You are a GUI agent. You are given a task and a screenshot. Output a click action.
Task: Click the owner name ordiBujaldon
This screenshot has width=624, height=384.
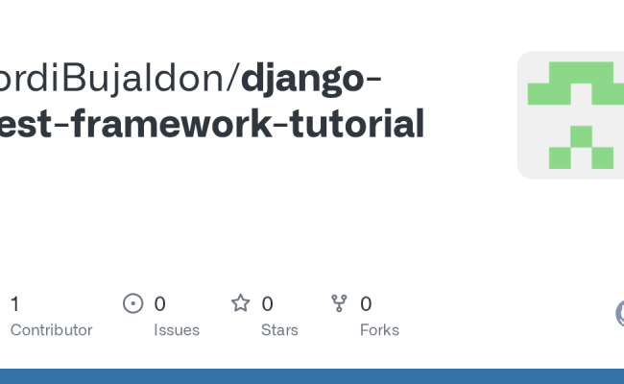point(115,79)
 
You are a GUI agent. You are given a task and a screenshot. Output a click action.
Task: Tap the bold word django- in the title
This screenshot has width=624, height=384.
point(310,79)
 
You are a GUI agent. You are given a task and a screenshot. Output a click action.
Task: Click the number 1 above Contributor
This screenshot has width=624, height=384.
point(14,304)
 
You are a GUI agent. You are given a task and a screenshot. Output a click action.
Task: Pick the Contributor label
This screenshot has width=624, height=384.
point(51,330)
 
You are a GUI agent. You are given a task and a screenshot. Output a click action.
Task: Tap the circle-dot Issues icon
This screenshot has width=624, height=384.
point(133,304)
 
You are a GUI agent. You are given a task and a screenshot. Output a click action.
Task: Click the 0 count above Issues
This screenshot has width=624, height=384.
point(160,304)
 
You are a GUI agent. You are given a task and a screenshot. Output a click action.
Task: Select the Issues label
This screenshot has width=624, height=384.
point(177,330)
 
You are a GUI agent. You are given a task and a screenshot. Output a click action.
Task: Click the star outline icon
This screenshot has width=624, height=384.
point(240,304)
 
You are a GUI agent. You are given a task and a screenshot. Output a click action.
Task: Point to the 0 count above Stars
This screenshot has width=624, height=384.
point(268,304)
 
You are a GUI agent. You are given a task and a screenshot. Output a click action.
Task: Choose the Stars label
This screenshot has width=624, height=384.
point(279,330)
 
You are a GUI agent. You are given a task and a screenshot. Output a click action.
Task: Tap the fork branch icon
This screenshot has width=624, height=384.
point(339,304)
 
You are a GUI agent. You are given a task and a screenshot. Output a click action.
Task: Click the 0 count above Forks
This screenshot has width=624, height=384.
point(366,304)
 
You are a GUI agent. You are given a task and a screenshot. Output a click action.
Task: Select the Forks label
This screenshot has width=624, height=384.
point(379,330)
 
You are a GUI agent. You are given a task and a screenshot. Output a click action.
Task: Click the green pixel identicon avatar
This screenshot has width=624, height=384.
point(570,115)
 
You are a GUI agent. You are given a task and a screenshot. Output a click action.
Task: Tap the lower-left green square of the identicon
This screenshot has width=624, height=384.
point(560,156)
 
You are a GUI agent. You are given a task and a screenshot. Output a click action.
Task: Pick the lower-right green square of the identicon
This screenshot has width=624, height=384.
point(602,156)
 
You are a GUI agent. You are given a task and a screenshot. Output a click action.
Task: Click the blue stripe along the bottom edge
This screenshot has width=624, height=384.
point(312,376)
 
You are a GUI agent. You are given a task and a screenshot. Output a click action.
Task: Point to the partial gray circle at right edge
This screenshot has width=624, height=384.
point(619,313)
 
